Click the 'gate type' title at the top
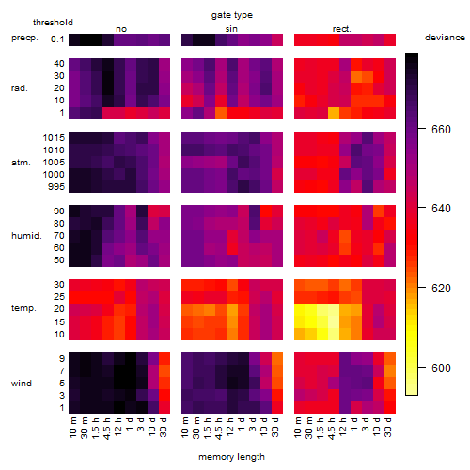click(x=232, y=15)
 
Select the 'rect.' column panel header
click(x=342, y=29)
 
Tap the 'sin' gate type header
click(x=231, y=29)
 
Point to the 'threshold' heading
click(x=53, y=23)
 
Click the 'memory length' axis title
click(x=231, y=457)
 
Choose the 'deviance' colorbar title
click(x=445, y=38)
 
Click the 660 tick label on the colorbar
click(x=441, y=129)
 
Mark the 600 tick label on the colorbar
click(x=441, y=368)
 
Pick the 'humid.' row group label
click(x=26, y=236)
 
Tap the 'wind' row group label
click(x=22, y=384)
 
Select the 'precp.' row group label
click(x=24, y=38)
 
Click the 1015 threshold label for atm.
click(x=54, y=138)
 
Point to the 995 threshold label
click(x=56, y=187)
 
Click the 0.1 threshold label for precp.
click(x=57, y=39)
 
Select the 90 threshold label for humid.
click(x=59, y=211)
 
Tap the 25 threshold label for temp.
click(x=59, y=297)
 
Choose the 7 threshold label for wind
click(x=62, y=371)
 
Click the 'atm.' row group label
click(x=21, y=163)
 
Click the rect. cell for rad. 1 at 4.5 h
click(x=334, y=113)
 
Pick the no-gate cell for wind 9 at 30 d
click(x=164, y=358)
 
